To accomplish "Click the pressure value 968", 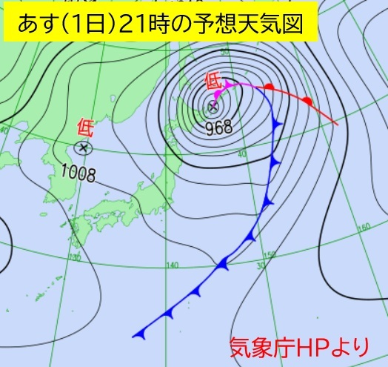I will [219, 127].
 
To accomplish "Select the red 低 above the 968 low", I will [213, 82].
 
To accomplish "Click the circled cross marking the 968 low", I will [213, 108].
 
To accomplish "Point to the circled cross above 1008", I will [83, 148].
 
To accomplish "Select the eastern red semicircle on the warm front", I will [307, 100].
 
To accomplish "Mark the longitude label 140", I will [173, 265].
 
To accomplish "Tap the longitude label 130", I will [74, 257].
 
